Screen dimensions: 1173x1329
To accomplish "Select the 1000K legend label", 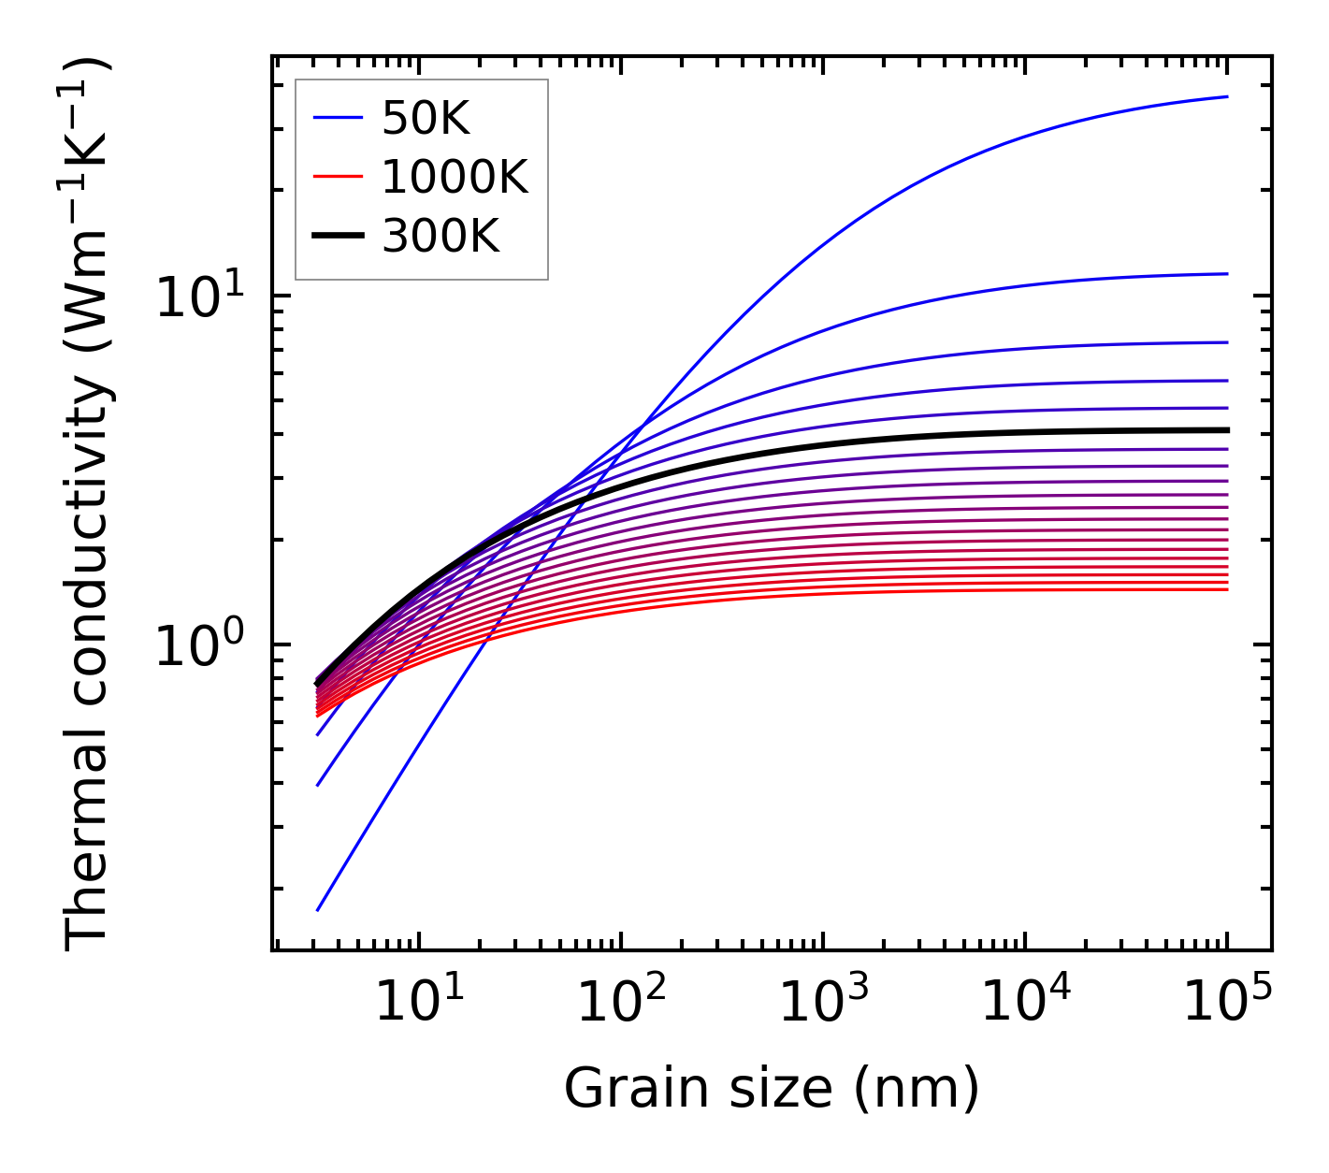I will (x=455, y=177).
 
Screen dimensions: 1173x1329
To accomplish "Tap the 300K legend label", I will (x=441, y=237).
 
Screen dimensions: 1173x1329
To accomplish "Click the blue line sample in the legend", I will (x=338, y=118).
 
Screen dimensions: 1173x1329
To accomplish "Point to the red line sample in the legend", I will (x=338, y=177).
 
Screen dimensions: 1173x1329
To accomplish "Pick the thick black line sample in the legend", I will (x=338, y=237).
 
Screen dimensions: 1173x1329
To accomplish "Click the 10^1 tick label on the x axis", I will (x=419, y=1004).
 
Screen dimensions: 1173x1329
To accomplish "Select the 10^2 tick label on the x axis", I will (x=621, y=1004).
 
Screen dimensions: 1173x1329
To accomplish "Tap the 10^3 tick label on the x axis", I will (x=823, y=1004).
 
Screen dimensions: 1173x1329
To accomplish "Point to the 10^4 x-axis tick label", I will (x=1025, y=1004).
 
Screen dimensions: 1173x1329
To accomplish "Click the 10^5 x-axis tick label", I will (x=1227, y=1004).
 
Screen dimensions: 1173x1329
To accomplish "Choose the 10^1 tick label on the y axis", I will (x=197, y=297).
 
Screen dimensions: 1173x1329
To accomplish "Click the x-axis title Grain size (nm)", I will (x=772, y=1089).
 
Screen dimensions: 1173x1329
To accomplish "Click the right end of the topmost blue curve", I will (x=1226, y=96).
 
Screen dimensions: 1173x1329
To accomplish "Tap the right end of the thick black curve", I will (x=1226, y=430).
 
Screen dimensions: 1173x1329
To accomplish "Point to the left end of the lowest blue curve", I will (x=318, y=909).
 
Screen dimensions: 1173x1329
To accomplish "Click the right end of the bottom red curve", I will (x=1226, y=589).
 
